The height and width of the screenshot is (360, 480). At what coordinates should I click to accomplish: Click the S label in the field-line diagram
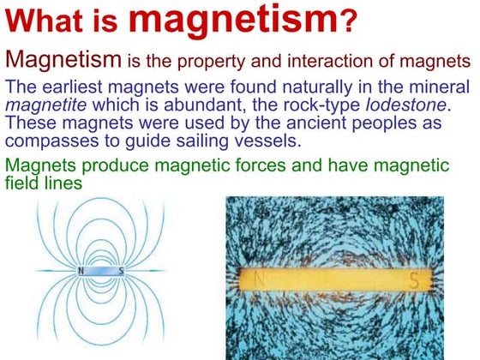pos(121,272)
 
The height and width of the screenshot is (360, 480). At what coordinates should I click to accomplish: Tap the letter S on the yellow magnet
pos(413,280)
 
